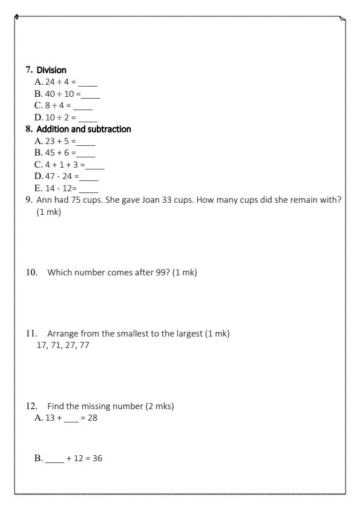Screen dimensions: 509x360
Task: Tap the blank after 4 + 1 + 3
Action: (x=96, y=165)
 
